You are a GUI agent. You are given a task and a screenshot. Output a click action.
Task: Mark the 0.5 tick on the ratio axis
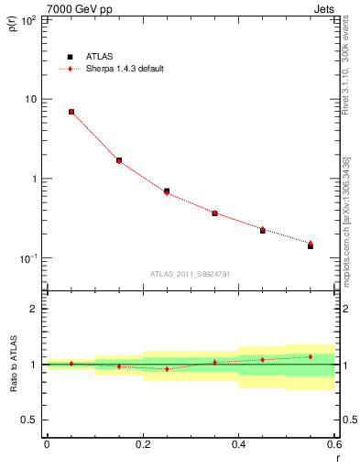click(29, 420)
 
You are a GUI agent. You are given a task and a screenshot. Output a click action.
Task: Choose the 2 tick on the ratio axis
click(34, 309)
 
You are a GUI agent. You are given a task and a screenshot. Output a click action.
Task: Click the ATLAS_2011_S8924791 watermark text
click(190, 273)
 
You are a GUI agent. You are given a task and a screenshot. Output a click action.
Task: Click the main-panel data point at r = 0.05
click(71, 112)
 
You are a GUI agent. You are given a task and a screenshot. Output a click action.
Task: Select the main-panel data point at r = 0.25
click(167, 191)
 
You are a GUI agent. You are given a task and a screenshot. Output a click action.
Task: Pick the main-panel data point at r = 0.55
click(311, 245)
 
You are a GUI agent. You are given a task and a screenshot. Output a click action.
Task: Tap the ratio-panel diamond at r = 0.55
click(311, 356)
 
